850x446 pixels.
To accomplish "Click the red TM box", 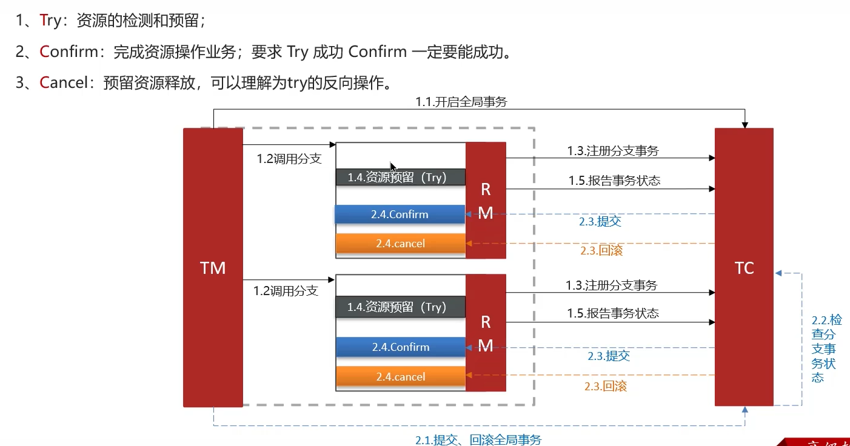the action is point(213,267).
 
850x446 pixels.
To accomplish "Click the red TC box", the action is point(744,267).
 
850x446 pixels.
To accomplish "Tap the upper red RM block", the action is point(486,200).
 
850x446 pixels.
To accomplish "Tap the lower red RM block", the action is point(486,333).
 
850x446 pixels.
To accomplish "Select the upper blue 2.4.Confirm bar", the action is point(400,215).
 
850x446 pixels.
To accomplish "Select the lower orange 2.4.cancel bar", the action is point(400,377).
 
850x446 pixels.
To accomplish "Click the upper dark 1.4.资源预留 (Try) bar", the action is point(400,177).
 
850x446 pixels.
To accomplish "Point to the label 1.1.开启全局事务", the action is point(461,102).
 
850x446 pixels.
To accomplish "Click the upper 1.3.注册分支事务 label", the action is point(612,151).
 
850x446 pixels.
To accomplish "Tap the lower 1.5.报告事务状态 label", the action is point(613,313).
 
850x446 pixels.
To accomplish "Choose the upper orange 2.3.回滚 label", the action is point(601,250).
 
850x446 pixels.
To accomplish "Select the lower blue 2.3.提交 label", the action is point(609,356).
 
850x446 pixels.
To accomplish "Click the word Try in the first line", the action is point(50,21).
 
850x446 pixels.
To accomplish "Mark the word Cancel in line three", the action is point(64,82).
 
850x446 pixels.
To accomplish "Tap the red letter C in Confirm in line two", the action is point(44,52).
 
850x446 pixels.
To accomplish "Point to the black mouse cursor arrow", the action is point(393,167).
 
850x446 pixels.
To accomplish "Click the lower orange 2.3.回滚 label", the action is point(605,386).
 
